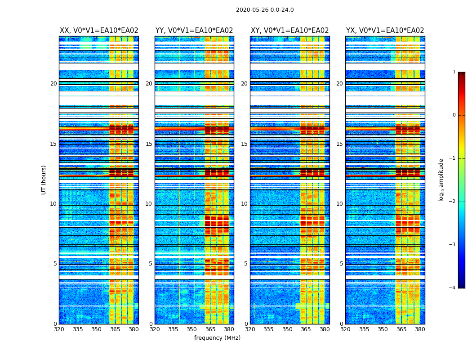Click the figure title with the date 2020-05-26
265,10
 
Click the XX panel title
99,31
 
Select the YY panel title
194,31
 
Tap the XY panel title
289,31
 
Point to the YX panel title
385,31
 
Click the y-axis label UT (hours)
44,180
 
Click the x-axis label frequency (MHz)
217,338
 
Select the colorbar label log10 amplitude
441,180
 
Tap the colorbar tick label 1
454,72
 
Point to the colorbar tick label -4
453,288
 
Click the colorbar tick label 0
454,115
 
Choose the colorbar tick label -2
453,202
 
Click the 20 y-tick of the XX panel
53,84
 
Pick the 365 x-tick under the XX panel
115,329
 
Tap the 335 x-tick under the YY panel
173,329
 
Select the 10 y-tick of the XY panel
245,204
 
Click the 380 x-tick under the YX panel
420,329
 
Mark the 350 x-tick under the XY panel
287,329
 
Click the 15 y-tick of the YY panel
149,144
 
